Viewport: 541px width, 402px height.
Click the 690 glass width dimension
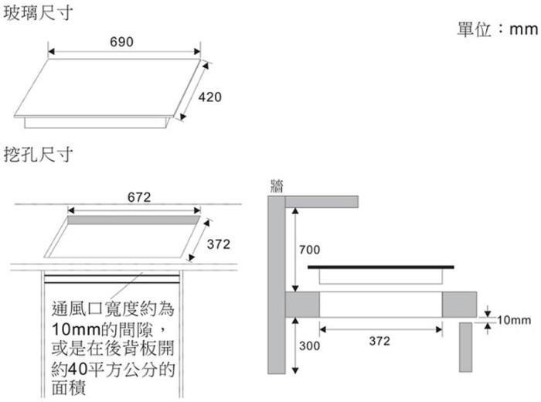(x=121, y=42)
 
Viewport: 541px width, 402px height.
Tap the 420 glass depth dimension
(x=209, y=97)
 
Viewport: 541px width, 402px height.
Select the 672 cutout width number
(x=139, y=197)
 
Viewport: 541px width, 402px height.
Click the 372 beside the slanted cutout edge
(x=219, y=244)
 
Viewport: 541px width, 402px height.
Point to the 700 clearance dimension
(x=309, y=250)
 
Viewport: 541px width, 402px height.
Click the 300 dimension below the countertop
(x=309, y=346)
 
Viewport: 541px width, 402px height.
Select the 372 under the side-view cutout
(x=379, y=341)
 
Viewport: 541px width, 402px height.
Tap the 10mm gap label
(x=514, y=320)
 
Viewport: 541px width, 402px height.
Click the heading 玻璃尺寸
(x=38, y=13)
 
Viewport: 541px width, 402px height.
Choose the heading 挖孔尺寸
(x=38, y=155)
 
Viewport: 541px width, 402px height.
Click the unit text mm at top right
(x=523, y=29)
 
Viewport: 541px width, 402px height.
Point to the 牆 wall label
(x=277, y=186)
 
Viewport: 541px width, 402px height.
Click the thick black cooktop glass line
(x=381, y=267)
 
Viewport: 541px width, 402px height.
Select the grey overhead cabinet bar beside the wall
(x=322, y=202)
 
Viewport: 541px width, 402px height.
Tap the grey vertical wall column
(x=277, y=284)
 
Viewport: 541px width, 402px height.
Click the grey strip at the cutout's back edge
(x=134, y=220)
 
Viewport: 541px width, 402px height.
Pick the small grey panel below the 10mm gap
(x=465, y=347)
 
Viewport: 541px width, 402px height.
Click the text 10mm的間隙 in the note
(x=102, y=329)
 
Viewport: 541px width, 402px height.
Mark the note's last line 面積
(x=68, y=387)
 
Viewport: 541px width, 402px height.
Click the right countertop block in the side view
(x=459, y=305)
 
